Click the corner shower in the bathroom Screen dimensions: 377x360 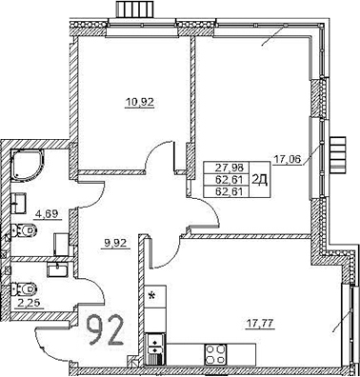28,166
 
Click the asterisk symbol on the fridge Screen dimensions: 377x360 150,296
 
